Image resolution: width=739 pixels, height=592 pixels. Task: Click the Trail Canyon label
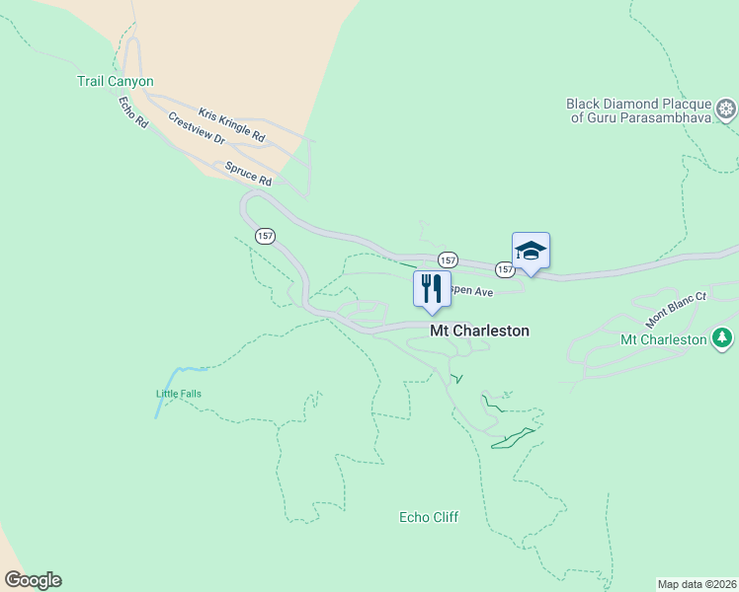coord(116,82)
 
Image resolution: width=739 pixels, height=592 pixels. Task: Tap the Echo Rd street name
coord(132,111)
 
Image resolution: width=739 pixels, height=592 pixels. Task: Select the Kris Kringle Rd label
coord(232,123)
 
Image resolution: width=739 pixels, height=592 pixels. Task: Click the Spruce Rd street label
coord(248,174)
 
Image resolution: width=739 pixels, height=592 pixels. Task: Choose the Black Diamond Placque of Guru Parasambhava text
coord(638,111)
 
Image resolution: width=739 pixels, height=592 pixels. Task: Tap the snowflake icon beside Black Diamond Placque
coord(727,109)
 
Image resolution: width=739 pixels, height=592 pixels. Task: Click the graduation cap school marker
coord(531,252)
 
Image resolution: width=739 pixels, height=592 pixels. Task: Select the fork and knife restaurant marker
coord(432,289)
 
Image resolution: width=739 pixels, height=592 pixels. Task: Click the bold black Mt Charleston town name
coord(479,332)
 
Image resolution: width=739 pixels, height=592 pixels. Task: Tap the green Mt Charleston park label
coord(663,340)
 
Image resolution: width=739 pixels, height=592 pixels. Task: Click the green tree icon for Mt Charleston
coord(723,339)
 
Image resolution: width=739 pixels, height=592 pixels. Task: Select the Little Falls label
coord(179,394)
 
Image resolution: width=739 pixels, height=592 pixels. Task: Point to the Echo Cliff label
coord(429,517)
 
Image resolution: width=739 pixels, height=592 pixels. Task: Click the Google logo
coord(33,580)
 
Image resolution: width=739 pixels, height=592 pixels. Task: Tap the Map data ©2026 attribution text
coord(698,584)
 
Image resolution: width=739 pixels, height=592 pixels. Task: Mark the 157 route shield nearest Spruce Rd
coord(264,236)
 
